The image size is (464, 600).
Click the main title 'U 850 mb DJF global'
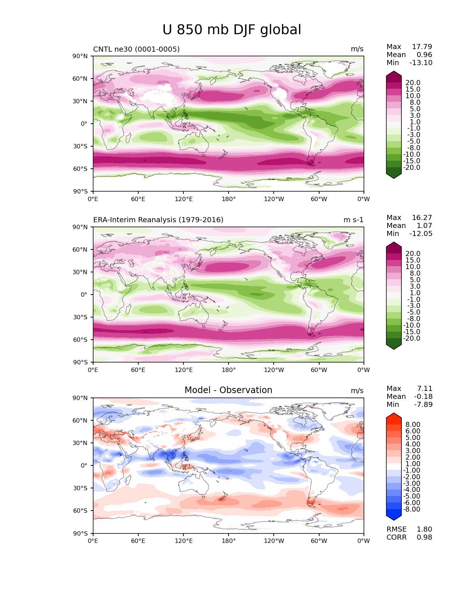[x=231, y=30]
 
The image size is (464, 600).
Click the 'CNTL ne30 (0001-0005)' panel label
[x=136, y=49]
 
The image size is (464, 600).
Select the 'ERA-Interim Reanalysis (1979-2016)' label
[x=158, y=220]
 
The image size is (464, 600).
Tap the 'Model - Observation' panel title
[x=228, y=390]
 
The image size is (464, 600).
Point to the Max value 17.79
[x=422, y=47]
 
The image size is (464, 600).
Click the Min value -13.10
[x=421, y=63]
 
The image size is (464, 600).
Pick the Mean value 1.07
[x=424, y=225]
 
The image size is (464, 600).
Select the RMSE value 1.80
[x=424, y=529]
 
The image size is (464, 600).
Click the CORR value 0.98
[x=424, y=537]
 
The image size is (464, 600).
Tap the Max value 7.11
[x=424, y=388]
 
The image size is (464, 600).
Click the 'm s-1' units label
[x=353, y=220]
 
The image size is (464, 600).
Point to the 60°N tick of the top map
[x=80, y=79]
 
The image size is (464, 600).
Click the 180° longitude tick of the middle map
[x=229, y=370]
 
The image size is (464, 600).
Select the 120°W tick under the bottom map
[x=274, y=541]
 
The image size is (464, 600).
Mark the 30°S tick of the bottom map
[x=80, y=488]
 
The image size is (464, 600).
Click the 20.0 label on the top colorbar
[x=413, y=83]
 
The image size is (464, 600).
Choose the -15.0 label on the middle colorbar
[x=412, y=332]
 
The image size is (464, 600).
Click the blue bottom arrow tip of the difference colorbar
[x=393, y=520]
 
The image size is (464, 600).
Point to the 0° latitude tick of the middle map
[x=84, y=295]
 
